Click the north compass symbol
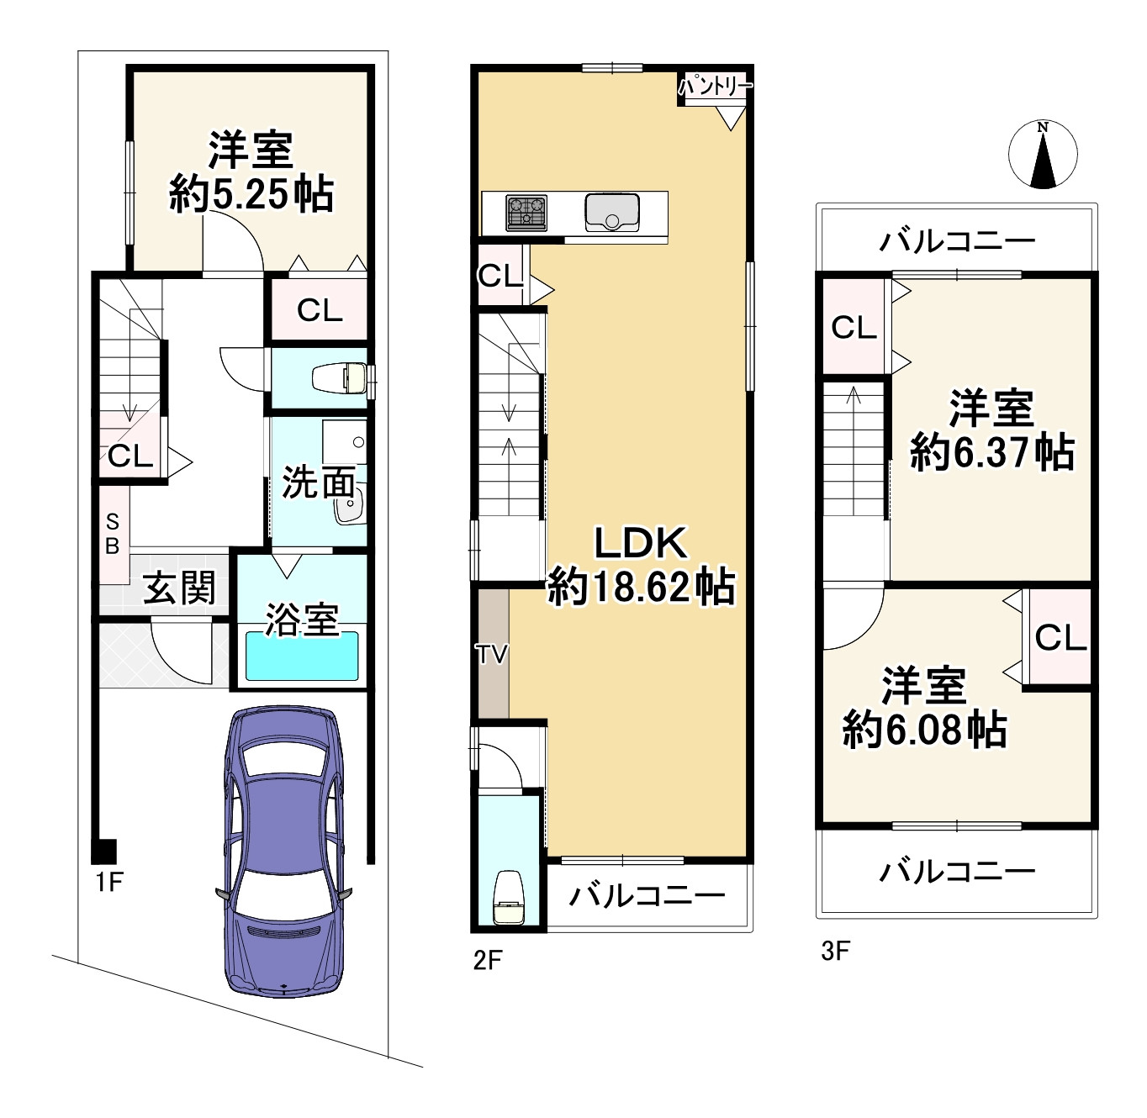(1043, 154)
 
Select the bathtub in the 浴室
(302, 656)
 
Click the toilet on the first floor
(341, 378)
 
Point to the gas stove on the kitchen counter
(526, 213)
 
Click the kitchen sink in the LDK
(612, 212)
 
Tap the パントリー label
(715, 86)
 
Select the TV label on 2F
(491, 653)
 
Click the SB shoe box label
(113, 535)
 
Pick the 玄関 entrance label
(179, 588)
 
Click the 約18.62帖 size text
(641, 587)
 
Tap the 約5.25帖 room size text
(251, 195)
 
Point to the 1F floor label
(109, 882)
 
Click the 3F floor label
(836, 951)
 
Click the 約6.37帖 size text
(991, 452)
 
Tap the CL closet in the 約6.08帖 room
(1060, 637)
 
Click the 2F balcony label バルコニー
(647, 895)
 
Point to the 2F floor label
(488, 959)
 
